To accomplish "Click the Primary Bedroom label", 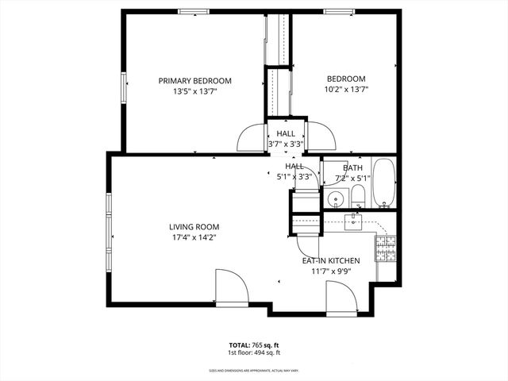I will click(x=194, y=80).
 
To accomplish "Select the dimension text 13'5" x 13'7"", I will click(x=194, y=92).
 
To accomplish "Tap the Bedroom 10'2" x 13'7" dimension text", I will click(x=346, y=90).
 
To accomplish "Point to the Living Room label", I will click(x=194, y=226).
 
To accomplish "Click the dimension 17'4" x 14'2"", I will click(x=194, y=237).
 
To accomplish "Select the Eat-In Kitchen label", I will click(x=331, y=260).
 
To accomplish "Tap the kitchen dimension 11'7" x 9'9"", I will click(x=331, y=271).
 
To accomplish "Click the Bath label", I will click(x=352, y=168).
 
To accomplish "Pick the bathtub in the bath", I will click(x=383, y=183).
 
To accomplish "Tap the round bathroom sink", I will click(x=336, y=198).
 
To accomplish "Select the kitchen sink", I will click(x=354, y=220).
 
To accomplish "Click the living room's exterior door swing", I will click(x=230, y=287).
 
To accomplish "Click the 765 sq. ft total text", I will click(x=254, y=345).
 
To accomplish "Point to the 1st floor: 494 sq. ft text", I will click(x=254, y=353).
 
